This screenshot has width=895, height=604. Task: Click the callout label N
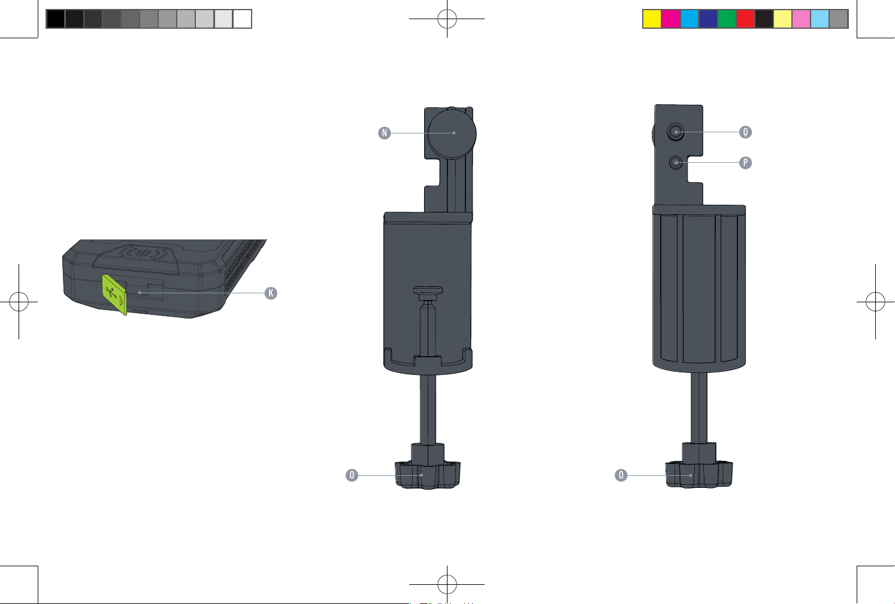(385, 133)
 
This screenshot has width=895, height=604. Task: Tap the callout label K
(271, 293)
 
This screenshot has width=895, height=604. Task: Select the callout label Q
(745, 132)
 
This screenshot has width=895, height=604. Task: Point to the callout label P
(745, 163)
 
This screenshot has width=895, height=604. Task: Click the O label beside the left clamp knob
(352, 475)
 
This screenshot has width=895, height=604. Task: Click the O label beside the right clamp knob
(621, 475)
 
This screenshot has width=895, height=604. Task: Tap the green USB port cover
(114, 295)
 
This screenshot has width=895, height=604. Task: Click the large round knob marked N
(452, 133)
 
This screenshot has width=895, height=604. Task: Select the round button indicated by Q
(676, 132)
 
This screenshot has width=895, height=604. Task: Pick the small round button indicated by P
(676, 162)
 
